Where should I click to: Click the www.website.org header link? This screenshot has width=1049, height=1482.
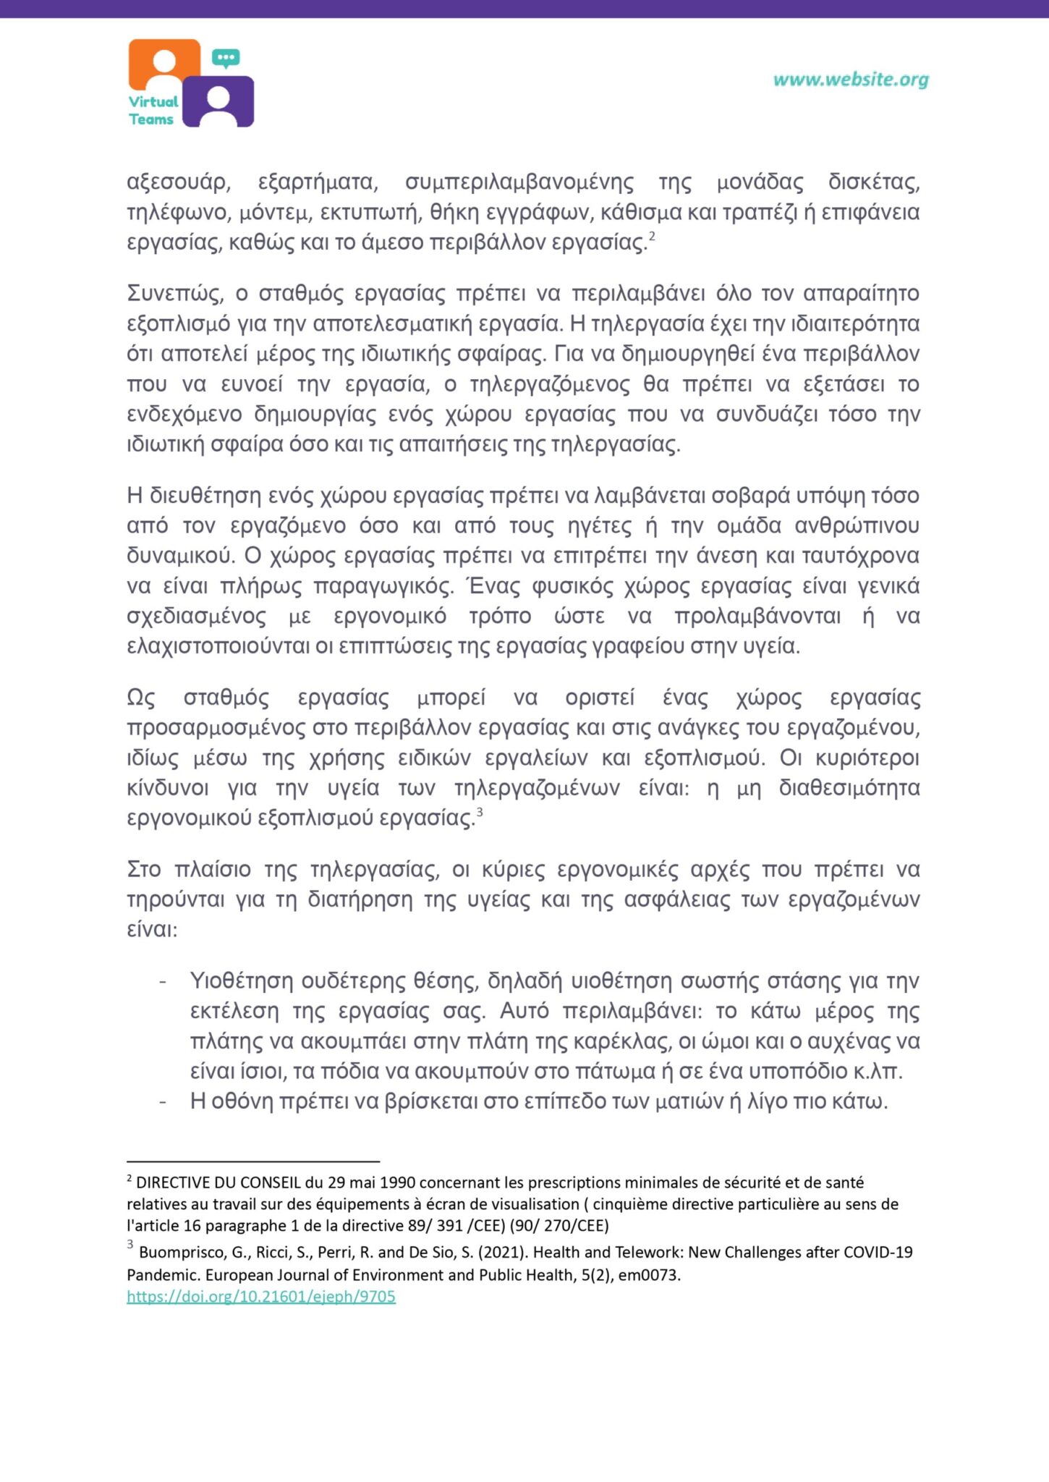click(x=851, y=80)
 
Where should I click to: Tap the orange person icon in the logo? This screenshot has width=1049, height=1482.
click(x=164, y=64)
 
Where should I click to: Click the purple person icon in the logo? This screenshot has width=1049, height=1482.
click(x=218, y=103)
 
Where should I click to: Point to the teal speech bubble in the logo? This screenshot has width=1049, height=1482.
click(x=226, y=58)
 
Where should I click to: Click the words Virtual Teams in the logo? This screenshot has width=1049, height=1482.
click(x=153, y=111)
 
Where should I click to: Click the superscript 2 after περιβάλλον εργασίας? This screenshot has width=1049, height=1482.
click(x=652, y=236)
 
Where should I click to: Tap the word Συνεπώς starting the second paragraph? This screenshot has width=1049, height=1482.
click(x=174, y=293)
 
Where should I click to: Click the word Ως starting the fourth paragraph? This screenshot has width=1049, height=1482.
click(x=141, y=698)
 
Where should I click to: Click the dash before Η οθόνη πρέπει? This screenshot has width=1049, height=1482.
click(x=163, y=1101)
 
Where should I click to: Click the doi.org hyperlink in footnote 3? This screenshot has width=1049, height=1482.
click(x=261, y=1296)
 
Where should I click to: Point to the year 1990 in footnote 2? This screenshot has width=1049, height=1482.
click(x=396, y=1182)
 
